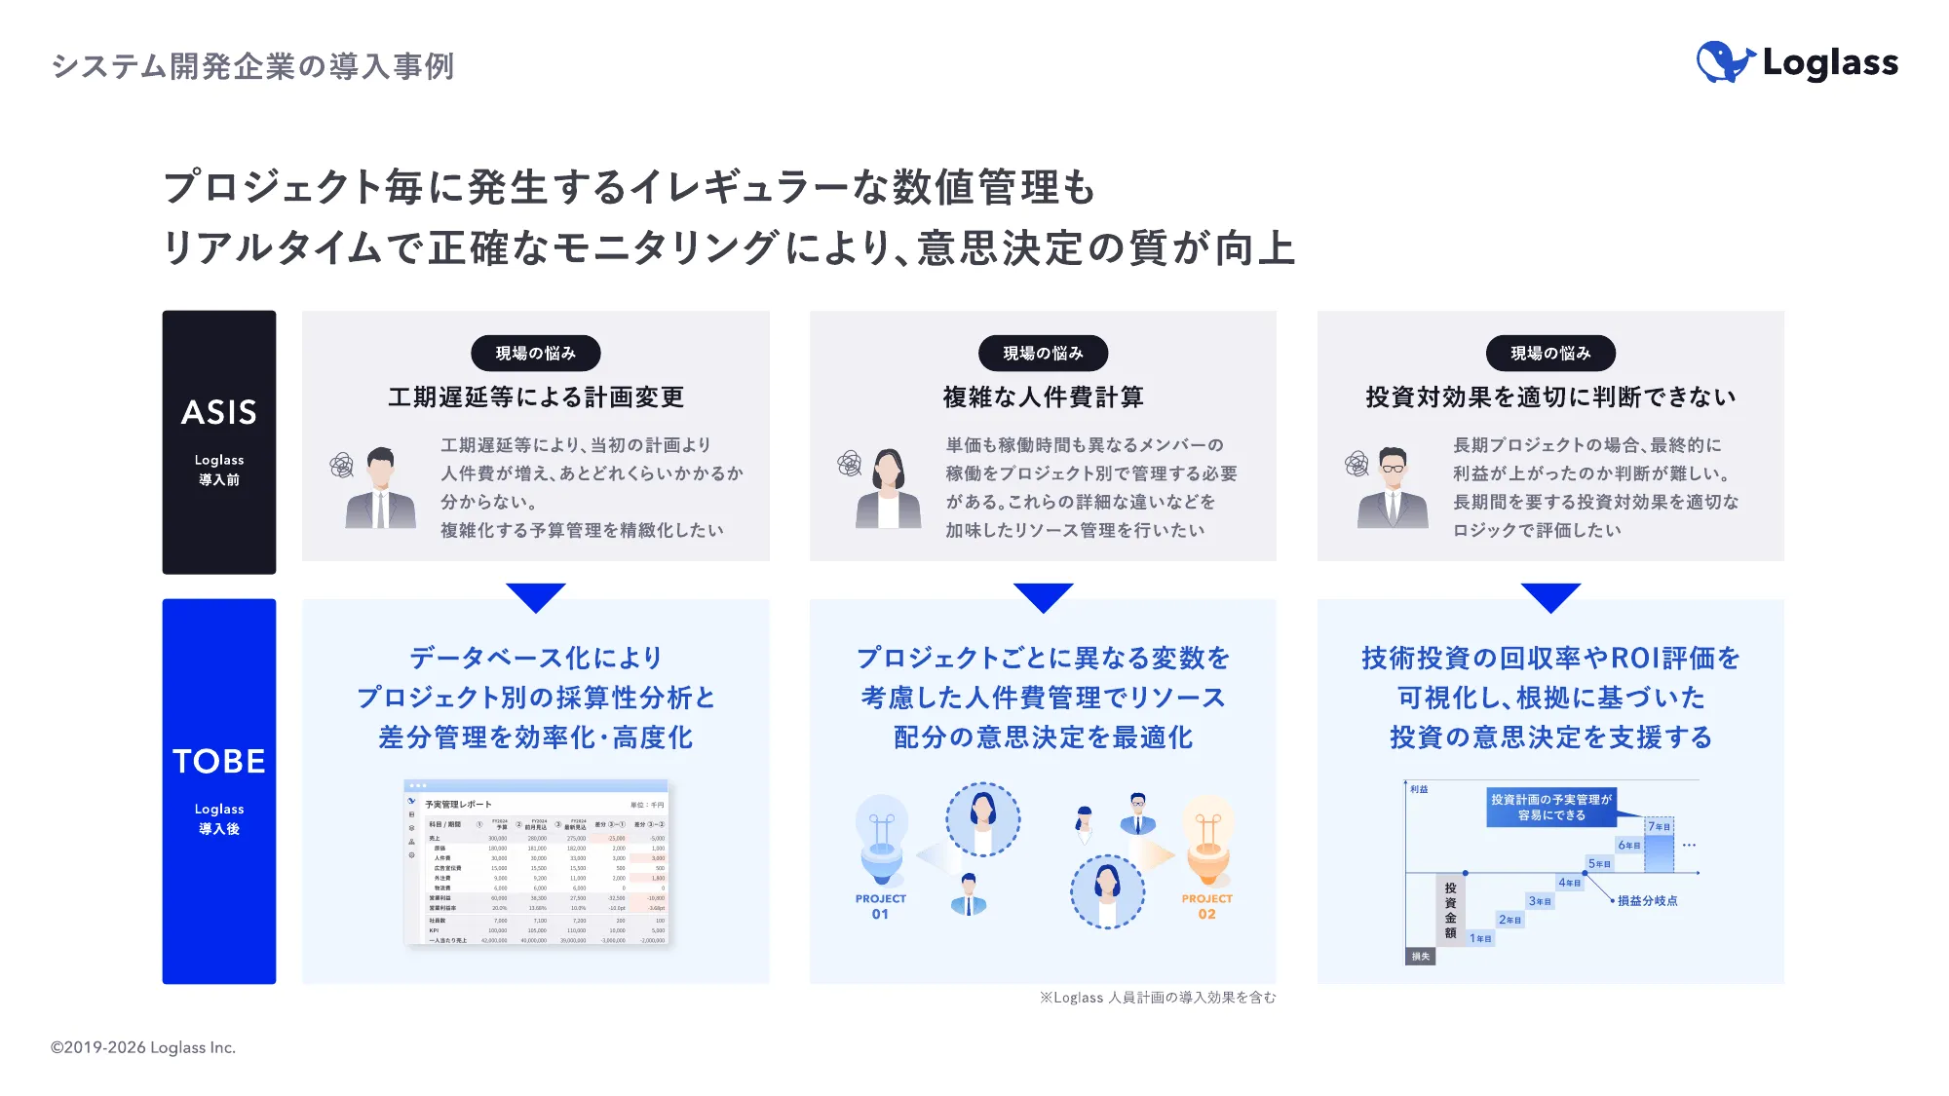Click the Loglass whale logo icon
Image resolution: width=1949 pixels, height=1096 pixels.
pos(1725,62)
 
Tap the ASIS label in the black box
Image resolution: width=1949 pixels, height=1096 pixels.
pos(219,412)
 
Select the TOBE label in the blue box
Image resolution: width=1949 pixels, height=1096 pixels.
pos(219,761)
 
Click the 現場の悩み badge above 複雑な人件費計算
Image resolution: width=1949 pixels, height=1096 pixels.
pos(1043,353)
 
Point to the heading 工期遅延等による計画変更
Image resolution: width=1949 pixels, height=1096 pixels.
pos(536,397)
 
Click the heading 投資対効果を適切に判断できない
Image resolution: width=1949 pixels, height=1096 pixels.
pos(1550,397)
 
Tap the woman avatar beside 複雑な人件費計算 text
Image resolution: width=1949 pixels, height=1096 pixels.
pos(888,489)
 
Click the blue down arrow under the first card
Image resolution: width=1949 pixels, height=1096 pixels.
pos(536,596)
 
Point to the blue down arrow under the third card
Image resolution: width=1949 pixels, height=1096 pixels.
pos(1550,596)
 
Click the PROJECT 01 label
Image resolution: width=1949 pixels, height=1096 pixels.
pos(880,906)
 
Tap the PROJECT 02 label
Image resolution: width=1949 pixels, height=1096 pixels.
pos(1206,906)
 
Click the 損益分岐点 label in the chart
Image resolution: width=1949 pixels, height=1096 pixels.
pos(1647,901)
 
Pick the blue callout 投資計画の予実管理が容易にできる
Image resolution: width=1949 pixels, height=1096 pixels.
pos(1550,807)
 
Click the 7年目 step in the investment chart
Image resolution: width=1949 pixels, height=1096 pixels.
pos(1659,826)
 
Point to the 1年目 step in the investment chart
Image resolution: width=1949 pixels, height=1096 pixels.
pos(1480,938)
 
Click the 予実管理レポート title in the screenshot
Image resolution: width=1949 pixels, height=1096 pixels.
pos(458,805)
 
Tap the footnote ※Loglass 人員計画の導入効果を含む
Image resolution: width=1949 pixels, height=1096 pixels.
pos(1157,998)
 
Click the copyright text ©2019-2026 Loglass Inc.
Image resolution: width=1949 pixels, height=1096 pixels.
pos(143,1047)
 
